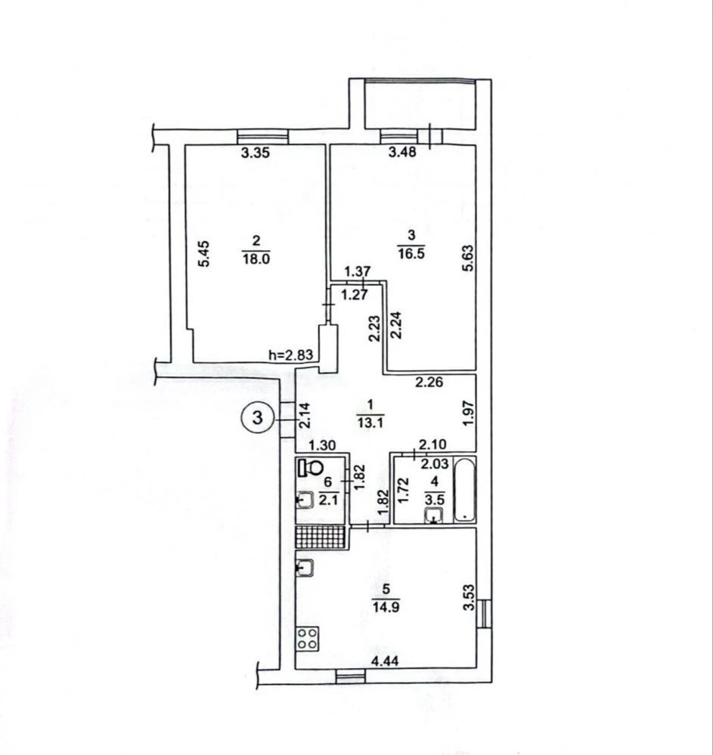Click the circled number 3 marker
pos(258,417)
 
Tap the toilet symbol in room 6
pos(311,467)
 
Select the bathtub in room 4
pos(464,490)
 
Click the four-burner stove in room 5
pos(308,639)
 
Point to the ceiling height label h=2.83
pos(291,355)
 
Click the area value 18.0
pos(256,258)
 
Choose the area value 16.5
pos(411,253)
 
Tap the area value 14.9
pos(386,607)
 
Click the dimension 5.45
pos(204,253)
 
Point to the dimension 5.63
pos(468,259)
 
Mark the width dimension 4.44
pos(385,661)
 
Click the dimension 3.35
pos(255,153)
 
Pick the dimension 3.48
pos(402,153)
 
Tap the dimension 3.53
pos(468,598)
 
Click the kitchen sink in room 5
pos(305,568)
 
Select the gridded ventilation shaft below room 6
pos(321,537)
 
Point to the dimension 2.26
pos(429,383)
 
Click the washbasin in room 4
pos(434,515)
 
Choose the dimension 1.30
pos(322,446)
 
